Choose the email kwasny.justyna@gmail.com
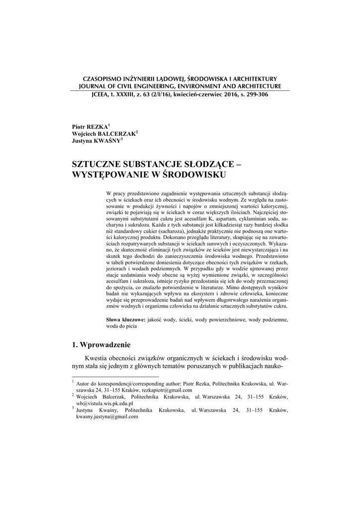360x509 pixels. (x=106, y=417)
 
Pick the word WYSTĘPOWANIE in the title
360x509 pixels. (x=109, y=174)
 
